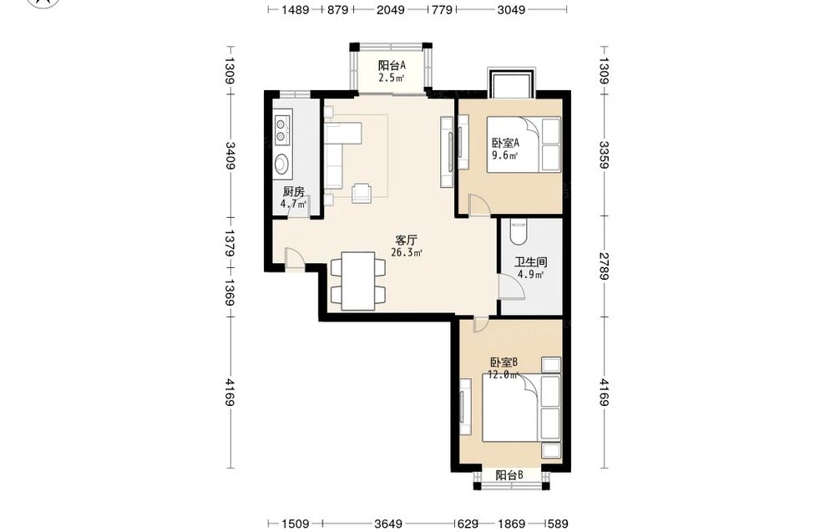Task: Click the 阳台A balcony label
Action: pos(392,65)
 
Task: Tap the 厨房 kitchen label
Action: pos(293,192)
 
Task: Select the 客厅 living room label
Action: pos(407,241)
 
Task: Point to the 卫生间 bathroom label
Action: pos(530,262)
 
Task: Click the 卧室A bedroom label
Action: pos(505,143)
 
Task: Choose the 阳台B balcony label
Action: pos(509,475)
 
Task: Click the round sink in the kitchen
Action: pos(281,163)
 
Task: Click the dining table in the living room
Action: pos(357,281)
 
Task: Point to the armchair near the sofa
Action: pos(362,193)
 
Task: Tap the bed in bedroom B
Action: pos(521,408)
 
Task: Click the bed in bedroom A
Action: pos(524,144)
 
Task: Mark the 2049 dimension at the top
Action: pos(390,9)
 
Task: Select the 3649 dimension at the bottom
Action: pos(388,524)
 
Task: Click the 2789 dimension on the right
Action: pos(604,266)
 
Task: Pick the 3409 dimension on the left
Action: pos(230,155)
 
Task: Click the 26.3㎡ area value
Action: pos(407,252)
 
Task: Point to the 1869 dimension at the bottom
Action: pos(512,524)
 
